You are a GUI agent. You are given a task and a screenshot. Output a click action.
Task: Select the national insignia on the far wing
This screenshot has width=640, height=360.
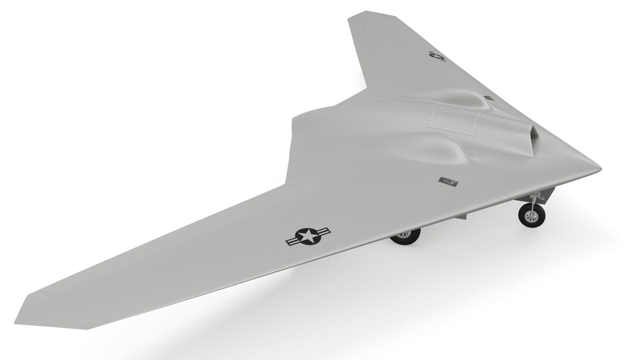pyautogui.click(x=437, y=56)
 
